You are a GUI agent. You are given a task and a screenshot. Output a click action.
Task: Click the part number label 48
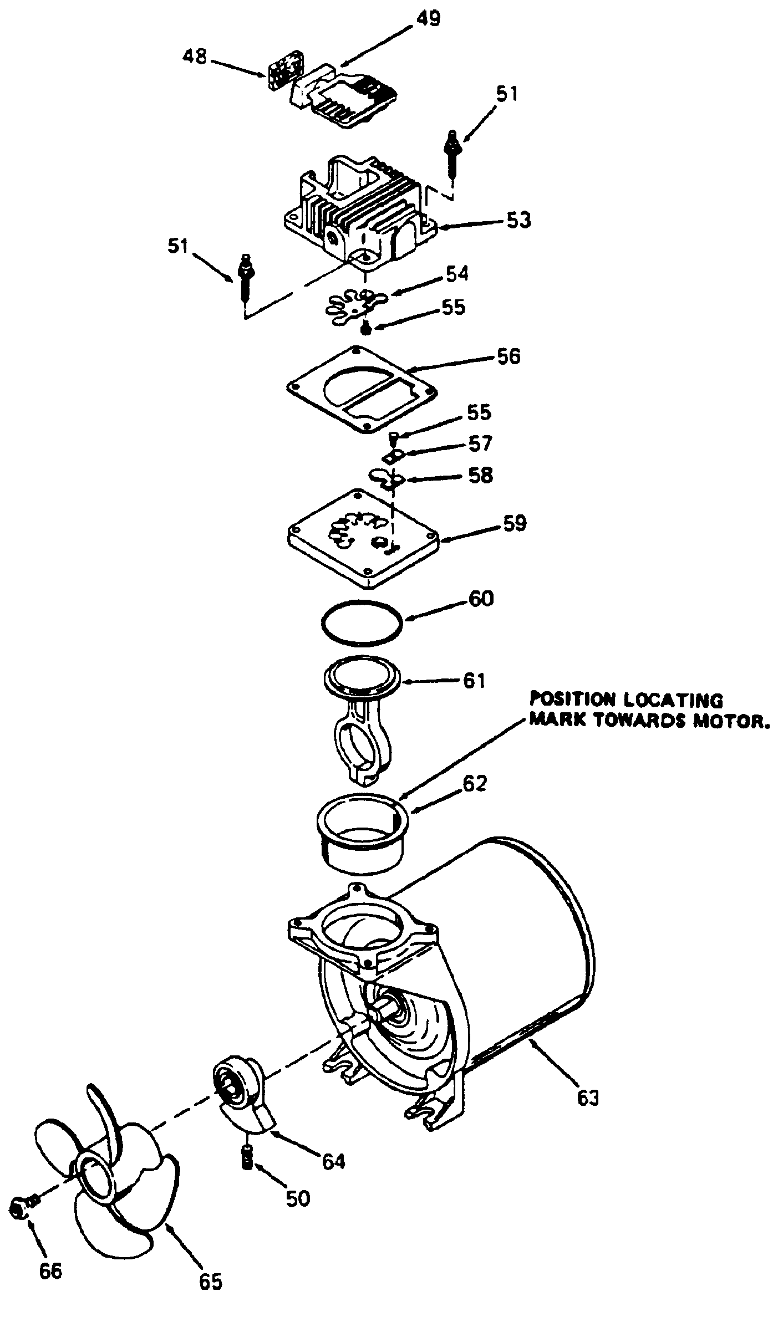pos(195,57)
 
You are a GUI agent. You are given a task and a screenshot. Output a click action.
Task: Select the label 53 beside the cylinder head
pos(519,221)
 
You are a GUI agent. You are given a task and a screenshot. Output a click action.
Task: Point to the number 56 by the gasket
pos(509,356)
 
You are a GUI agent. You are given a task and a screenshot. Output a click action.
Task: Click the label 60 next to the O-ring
pos(481,599)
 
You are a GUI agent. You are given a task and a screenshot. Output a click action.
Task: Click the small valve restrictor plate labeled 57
pos(393,457)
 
